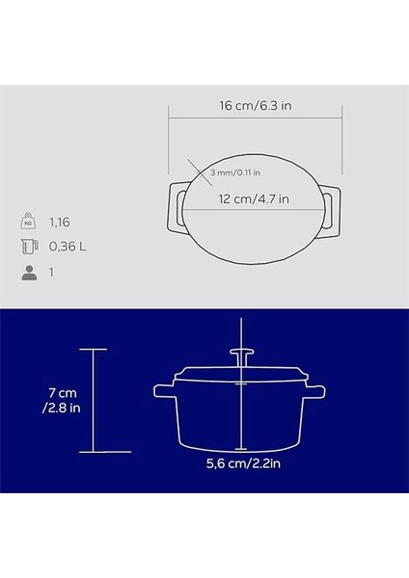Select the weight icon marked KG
[x=28, y=220]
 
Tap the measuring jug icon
[x=28, y=247]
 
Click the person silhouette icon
[x=28, y=274]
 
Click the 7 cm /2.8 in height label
[x=52, y=400]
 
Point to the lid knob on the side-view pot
[x=240, y=356]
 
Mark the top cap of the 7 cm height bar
[x=93, y=348]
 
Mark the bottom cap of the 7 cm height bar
[x=93, y=451]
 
